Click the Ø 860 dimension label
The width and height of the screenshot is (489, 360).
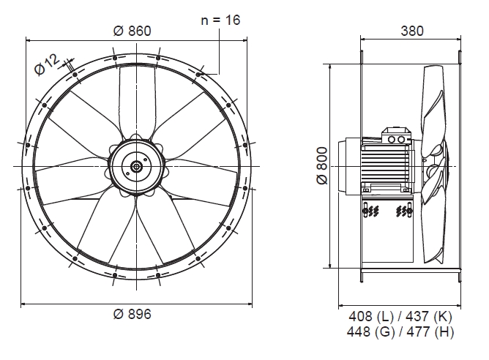point(132,31)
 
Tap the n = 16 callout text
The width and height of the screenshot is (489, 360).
point(220,20)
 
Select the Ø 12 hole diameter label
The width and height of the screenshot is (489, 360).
point(47,64)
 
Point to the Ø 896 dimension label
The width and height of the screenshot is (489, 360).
point(132,314)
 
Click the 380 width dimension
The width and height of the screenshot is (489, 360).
point(412,31)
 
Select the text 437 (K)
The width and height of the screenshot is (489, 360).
point(429,316)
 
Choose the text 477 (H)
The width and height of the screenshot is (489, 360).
point(430,331)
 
